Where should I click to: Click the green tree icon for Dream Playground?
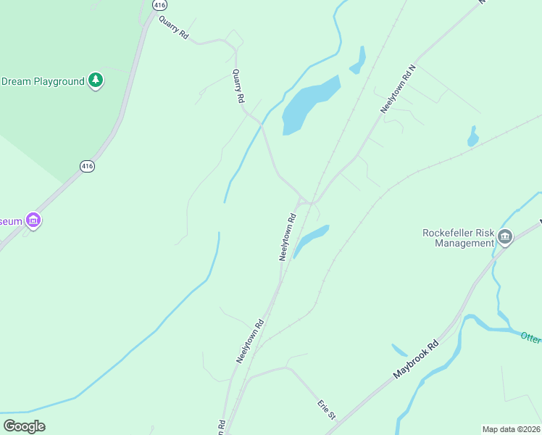click(x=96, y=80)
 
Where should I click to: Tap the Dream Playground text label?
click(x=43, y=81)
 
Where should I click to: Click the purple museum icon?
click(x=32, y=219)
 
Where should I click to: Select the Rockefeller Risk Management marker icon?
click(x=505, y=236)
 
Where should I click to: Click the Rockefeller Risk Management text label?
click(x=458, y=238)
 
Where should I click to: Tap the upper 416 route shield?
click(x=159, y=5)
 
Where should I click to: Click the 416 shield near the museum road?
click(x=87, y=166)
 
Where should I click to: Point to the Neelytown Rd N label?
click(x=399, y=88)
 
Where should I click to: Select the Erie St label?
click(x=327, y=410)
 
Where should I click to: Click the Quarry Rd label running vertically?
click(x=238, y=86)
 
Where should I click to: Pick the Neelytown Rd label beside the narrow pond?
click(x=288, y=236)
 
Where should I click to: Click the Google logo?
click(x=24, y=426)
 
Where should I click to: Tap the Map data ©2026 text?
click(x=511, y=428)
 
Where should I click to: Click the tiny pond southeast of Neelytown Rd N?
click(x=473, y=136)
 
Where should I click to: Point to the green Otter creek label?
click(x=530, y=338)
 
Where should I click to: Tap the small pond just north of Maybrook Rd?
click(x=400, y=349)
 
